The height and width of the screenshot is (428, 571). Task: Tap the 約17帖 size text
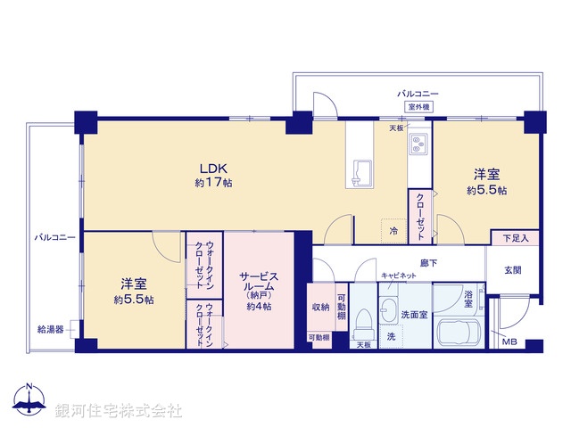pyautogui.click(x=214, y=183)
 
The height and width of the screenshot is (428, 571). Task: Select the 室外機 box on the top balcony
pyautogui.click(x=418, y=107)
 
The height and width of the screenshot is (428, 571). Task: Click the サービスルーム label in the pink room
pyautogui.click(x=258, y=278)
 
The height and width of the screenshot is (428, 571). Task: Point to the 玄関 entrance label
pyautogui.click(x=513, y=270)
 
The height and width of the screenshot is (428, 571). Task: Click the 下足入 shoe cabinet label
pyautogui.click(x=515, y=238)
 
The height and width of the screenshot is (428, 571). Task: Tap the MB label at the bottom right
pyautogui.click(x=509, y=342)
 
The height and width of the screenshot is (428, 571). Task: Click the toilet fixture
pyautogui.click(x=363, y=317)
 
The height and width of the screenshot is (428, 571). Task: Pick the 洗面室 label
pyautogui.click(x=413, y=314)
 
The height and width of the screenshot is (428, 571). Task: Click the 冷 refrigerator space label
pyautogui.click(x=393, y=230)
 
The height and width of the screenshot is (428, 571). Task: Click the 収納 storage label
pyautogui.click(x=321, y=307)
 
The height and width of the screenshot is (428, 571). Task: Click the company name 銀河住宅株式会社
pyautogui.click(x=119, y=410)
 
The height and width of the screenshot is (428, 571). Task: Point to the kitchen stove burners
pyautogui.click(x=419, y=147)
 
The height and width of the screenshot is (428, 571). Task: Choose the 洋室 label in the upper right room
pyautogui.click(x=486, y=175)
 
